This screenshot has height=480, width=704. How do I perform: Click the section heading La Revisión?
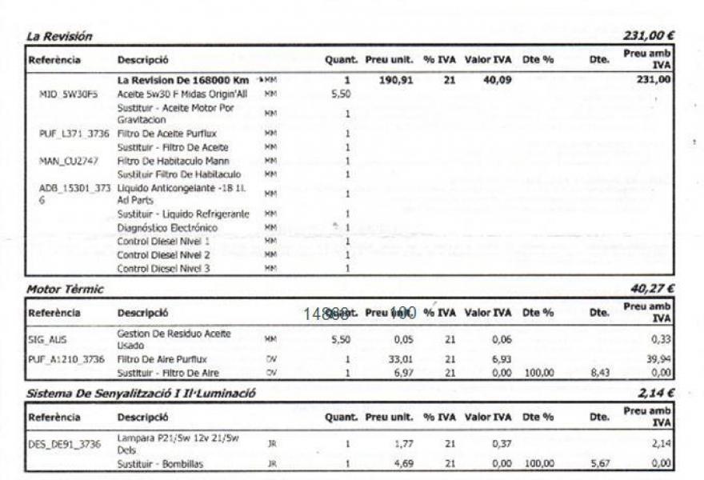[x=60, y=36]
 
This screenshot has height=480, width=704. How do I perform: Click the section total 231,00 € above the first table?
[x=648, y=36]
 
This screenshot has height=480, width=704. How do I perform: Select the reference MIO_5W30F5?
[x=68, y=94]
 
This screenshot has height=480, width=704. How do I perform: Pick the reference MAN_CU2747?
[x=68, y=161]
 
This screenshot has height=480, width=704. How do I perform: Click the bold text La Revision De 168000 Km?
[x=183, y=80]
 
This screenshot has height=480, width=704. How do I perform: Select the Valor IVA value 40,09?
[x=497, y=80]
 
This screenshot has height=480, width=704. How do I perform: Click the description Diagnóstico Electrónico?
[x=167, y=228]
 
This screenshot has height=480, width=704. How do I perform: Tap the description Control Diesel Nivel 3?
[x=163, y=268]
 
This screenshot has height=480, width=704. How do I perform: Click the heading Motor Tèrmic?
[x=65, y=289]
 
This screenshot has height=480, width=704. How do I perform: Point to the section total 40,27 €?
[x=653, y=289]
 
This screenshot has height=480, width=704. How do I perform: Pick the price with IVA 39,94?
[x=658, y=360]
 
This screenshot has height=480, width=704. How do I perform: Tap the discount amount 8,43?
[x=598, y=373]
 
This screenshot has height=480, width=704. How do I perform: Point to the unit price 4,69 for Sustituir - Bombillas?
[x=402, y=463]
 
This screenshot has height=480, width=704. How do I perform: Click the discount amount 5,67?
[x=598, y=463]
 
